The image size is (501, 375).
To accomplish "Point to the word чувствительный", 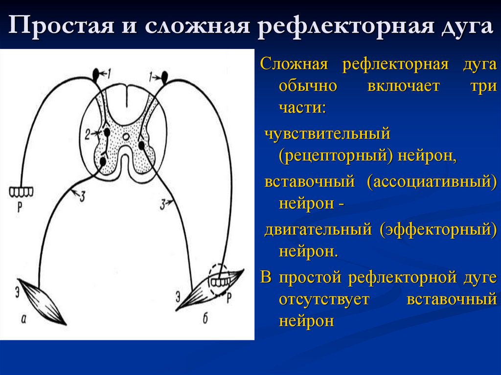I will pyautogui.click(x=327, y=133).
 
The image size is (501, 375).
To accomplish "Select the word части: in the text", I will pyautogui.click(x=302, y=109).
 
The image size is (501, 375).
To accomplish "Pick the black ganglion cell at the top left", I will pyautogui.click(x=95, y=74).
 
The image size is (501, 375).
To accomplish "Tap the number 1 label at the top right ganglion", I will pyautogui.click(x=153, y=76).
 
